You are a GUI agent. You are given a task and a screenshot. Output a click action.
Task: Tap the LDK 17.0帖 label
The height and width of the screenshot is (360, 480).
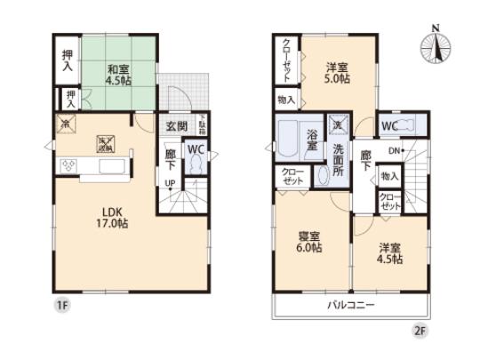pos(111,218)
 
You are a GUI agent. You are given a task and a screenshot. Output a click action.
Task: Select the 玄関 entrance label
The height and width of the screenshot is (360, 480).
pos(175,127)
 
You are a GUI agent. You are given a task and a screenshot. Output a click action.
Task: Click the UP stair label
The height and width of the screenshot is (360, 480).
pos(169,184)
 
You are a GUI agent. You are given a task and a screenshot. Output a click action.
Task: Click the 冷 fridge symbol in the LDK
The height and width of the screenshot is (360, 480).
pos(64,124)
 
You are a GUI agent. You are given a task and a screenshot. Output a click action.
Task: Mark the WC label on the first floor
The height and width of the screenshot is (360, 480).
pos(196,149)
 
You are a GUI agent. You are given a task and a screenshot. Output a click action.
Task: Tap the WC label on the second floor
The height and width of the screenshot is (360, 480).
pos(388,125)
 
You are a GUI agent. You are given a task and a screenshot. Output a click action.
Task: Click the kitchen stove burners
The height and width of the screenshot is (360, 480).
pos(69,164)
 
